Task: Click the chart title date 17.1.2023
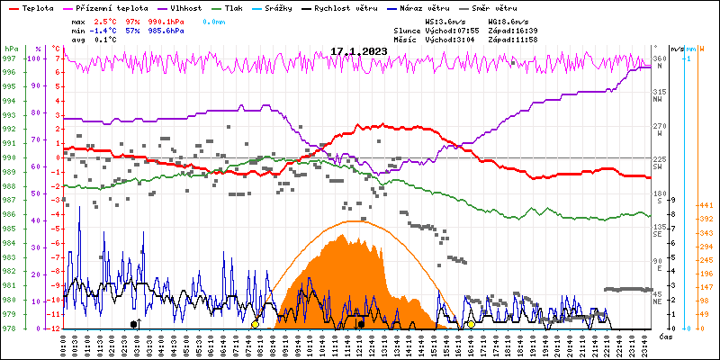[359, 51]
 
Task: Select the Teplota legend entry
[37, 7]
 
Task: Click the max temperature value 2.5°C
[107, 20]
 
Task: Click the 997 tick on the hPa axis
[11, 58]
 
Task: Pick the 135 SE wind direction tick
[659, 230]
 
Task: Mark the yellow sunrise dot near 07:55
[255, 324]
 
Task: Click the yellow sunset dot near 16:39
[471, 324]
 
